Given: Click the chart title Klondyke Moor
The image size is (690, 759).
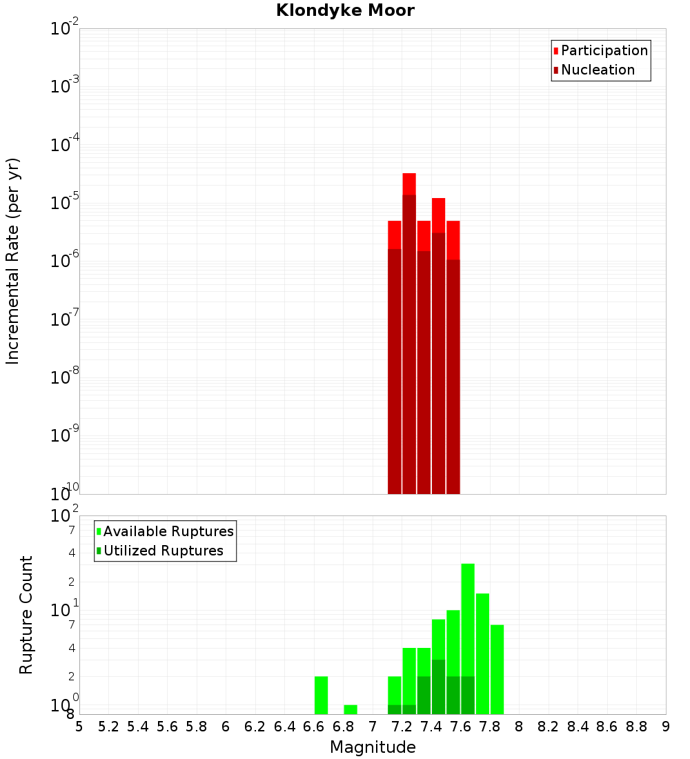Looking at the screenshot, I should click(x=345, y=11).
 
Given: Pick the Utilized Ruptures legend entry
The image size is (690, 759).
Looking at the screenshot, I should click(x=163, y=551).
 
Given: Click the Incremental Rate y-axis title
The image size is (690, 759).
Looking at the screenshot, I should click(x=13, y=262).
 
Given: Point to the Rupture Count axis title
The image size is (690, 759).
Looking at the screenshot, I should click(x=26, y=615).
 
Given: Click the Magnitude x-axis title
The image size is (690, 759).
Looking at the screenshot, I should click(x=373, y=747).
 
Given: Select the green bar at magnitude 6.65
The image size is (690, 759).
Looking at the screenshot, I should click(x=321, y=695).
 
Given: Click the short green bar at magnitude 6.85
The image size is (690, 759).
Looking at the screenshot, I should click(x=351, y=709).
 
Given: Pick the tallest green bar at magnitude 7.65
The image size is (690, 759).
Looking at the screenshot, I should click(x=468, y=621).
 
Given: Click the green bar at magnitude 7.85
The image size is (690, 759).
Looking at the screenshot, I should click(x=497, y=669).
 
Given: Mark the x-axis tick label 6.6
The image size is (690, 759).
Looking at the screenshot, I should click(x=313, y=727).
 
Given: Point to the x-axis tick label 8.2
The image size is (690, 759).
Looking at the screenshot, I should click(x=549, y=727).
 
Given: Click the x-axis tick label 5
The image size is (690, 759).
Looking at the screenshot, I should click(x=79, y=727).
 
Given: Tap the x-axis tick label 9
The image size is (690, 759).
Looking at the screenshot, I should click(x=666, y=727).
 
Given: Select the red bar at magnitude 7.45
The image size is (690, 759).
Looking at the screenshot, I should click(x=438, y=345).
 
